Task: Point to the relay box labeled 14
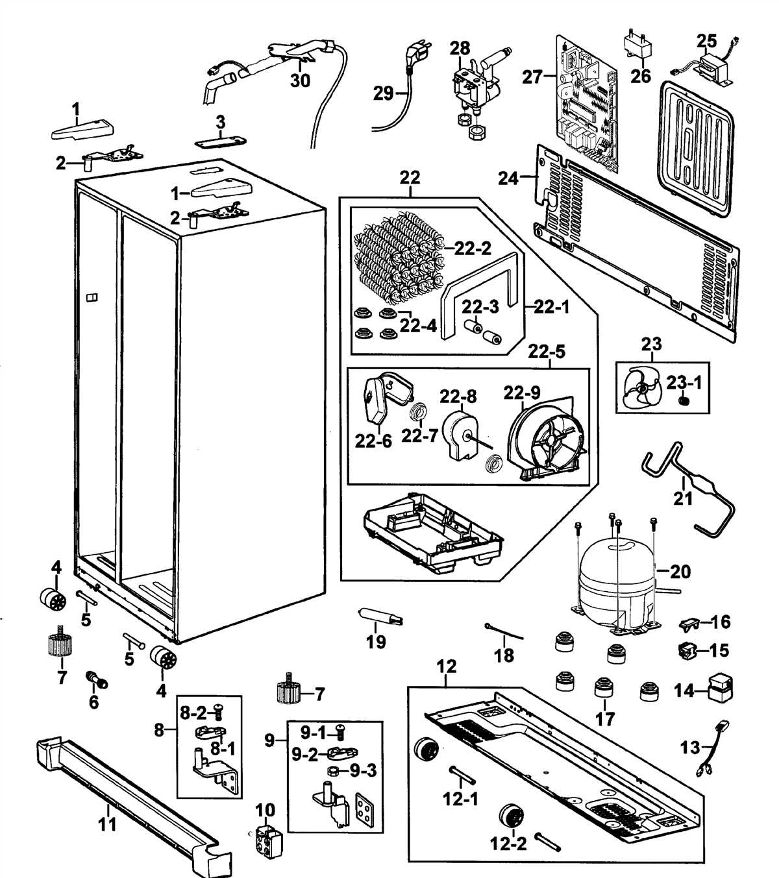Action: [720, 690]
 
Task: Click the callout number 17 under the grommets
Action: [604, 718]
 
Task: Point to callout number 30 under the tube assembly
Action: [300, 80]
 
